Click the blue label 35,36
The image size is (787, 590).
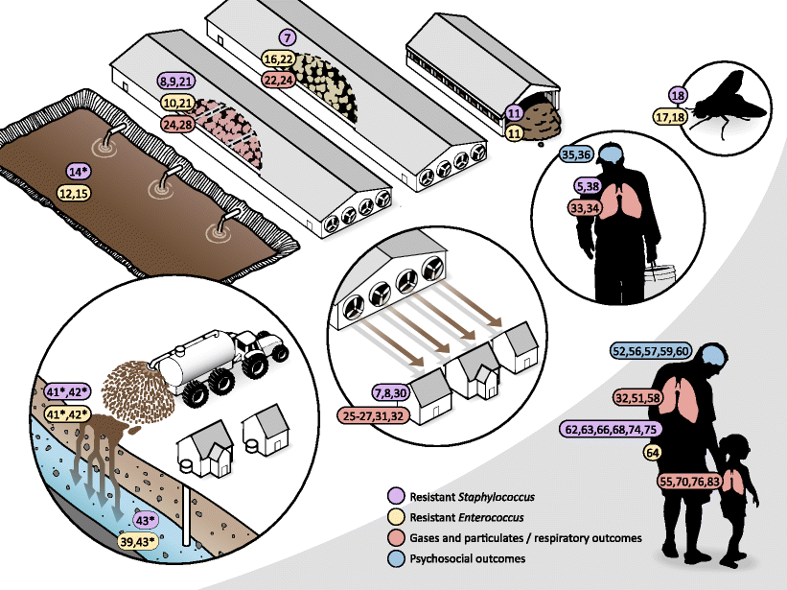pyautogui.click(x=582, y=154)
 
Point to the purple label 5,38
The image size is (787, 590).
pyautogui.click(x=588, y=185)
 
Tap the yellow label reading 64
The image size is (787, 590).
pyautogui.click(x=653, y=452)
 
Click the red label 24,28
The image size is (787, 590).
pyautogui.click(x=179, y=124)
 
